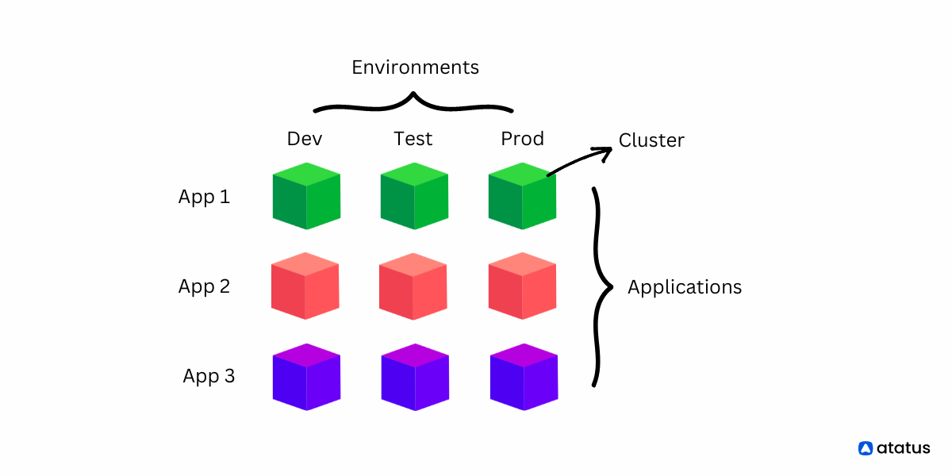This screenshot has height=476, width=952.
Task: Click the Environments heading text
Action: click(x=415, y=67)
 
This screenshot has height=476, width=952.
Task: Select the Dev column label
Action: click(x=305, y=139)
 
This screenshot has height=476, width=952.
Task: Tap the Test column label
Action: click(x=413, y=139)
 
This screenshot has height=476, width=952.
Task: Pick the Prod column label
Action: click(x=522, y=139)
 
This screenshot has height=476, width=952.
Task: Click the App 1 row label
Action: click(x=204, y=197)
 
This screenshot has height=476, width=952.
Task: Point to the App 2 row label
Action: click(x=204, y=286)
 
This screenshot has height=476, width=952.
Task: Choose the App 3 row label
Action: click(x=209, y=376)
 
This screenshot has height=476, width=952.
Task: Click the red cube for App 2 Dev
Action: click(x=305, y=286)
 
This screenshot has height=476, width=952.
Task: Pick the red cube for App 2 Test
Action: click(x=413, y=286)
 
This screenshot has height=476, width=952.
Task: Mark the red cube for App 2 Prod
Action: click(x=522, y=286)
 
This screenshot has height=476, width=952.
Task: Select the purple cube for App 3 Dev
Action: click(x=306, y=377)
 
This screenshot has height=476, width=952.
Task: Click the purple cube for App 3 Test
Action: click(x=415, y=377)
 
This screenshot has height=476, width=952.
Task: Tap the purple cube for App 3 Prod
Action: click(x=524, y=377)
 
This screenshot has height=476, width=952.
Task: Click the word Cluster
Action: click(x=651, y=141)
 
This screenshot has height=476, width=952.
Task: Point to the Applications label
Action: click(x=685, y=287)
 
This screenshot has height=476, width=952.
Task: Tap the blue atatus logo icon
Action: click(x=866, y=448)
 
